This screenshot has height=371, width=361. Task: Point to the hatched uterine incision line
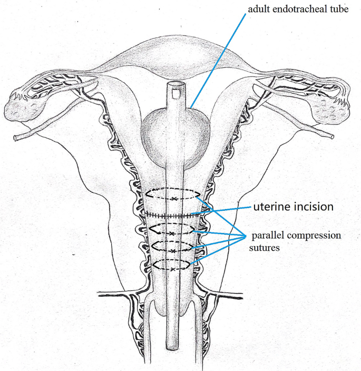pos(172,215)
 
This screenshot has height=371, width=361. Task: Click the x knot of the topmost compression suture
pos(173,198)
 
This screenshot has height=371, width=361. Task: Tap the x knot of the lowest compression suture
pos(172,269)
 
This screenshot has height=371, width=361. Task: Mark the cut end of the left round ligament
pos(16,138)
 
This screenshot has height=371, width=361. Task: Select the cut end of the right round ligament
pos(331,136)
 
